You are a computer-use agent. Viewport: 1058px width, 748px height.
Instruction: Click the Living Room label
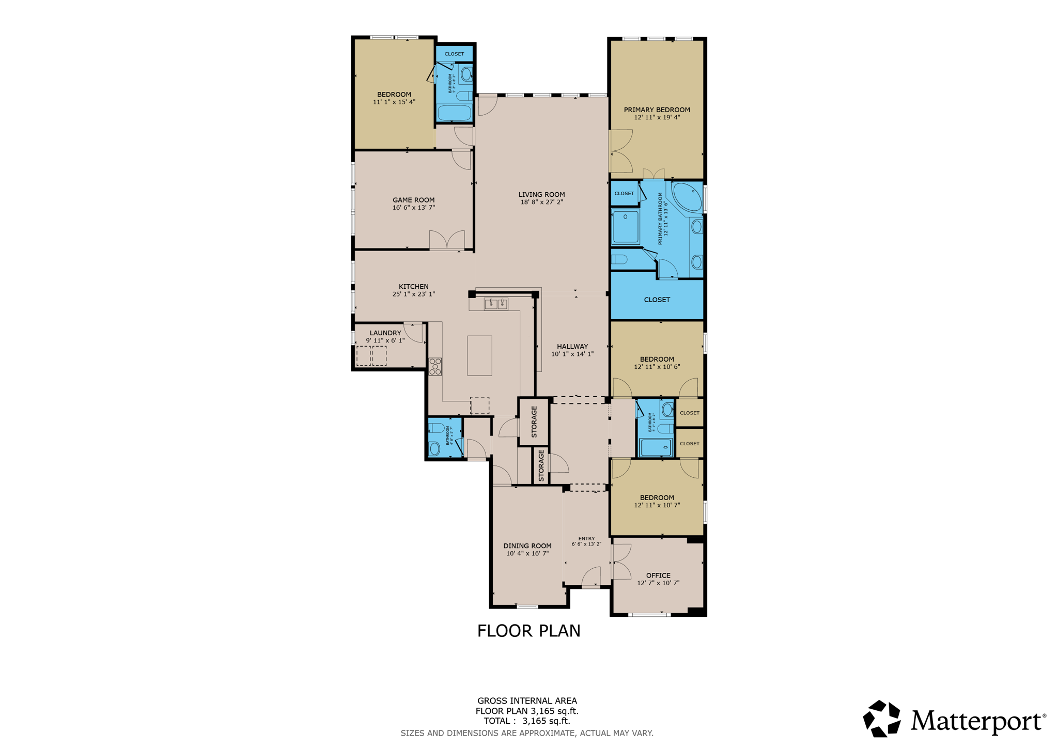(x=541, y=194)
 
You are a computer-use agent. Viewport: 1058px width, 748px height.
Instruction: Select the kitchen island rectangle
(x=479, y=355)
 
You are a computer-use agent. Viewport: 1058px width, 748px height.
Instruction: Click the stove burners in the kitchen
(x=435, y=366)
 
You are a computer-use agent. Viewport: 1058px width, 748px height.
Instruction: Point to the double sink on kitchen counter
(x=496, y=304)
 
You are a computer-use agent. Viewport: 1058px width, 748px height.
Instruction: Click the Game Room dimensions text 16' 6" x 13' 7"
(x=413, y=208)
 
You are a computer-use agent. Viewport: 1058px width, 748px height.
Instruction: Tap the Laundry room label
(x=385, y=333)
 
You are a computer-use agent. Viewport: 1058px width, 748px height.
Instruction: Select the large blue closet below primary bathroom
(x=657, y=300)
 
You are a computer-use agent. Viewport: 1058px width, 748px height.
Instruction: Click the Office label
(x=658, y=575)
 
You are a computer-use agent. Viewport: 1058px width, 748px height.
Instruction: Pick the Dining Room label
(x=527, y=546)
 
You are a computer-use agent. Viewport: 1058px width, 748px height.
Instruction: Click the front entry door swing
(x=592, y=578)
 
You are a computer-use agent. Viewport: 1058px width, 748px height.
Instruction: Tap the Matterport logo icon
(x=882, y=718)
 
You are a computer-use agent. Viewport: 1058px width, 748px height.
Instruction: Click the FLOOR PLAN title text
(x=528, y=631)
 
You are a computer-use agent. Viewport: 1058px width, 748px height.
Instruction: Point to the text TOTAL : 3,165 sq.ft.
(x=527, y=721)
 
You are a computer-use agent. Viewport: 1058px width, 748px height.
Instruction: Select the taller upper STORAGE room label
(x=534, y=422)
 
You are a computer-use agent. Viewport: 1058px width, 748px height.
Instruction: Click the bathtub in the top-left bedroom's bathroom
(x=455, y=112)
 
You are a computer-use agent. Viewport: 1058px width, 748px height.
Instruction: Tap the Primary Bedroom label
(x=657, y=110)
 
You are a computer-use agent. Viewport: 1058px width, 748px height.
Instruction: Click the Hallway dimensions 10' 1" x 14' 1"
(x=572, y=354)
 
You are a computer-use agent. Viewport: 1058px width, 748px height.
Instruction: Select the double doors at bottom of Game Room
(x=447, y=241)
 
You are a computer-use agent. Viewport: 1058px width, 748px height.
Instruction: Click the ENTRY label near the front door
(x=586, y=538)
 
